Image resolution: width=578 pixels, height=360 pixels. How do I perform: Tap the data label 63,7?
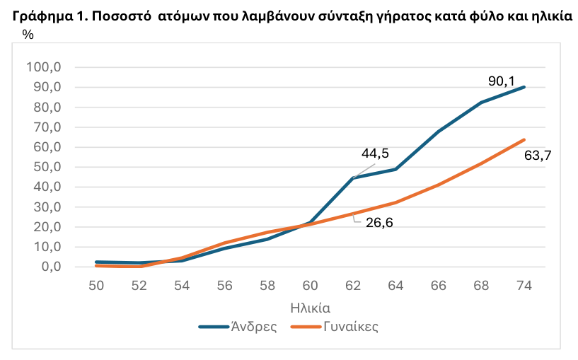(x=538, y=156)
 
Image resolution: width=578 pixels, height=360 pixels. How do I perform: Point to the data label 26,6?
(x=379, y=224)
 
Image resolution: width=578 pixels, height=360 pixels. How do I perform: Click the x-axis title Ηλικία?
(x=310, y=308)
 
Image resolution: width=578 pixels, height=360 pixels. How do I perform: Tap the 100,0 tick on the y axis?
(x=45, y=67)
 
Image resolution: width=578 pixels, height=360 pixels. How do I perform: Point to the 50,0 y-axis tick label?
(x=47, y=168)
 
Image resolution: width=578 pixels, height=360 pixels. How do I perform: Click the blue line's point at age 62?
(x=352, y=178)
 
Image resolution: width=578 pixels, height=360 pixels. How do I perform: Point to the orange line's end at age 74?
(x=524, y=139)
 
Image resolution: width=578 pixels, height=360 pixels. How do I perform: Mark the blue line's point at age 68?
(x=481, y=103)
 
